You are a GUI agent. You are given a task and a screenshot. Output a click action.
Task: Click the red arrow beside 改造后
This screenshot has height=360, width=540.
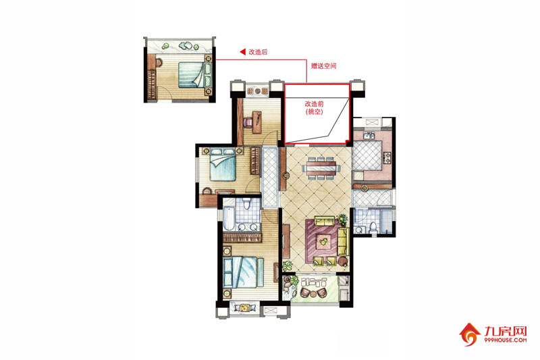click(x=242, y=52)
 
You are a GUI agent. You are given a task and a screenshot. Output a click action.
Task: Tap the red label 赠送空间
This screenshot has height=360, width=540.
click(x=323, y=66)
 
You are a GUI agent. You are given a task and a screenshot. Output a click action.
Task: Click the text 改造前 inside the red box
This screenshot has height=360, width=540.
click(x=314, y=104)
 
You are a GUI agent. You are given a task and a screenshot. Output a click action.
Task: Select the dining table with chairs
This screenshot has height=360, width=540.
click(x=321, y=168)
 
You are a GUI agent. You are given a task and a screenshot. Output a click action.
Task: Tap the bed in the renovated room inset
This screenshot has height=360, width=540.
click(x=191, y=74)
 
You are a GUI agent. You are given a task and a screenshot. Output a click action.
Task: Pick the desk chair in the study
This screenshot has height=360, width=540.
click(x=248, y=122)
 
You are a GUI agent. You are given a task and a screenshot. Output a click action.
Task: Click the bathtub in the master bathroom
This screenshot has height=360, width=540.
click(x=228, y=217)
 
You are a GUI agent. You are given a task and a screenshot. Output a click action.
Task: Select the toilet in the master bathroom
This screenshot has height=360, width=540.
click(x=246, y=203)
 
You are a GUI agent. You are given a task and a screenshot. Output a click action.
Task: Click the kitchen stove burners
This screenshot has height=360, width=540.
click(x=387, y=158)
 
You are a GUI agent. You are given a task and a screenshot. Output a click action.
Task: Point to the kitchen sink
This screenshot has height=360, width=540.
click(x=369, y=135)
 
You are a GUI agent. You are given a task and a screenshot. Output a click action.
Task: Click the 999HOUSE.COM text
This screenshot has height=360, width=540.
click(x=505, y=340)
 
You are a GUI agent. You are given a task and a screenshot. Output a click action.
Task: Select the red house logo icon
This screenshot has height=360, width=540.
click(x=469, y=334)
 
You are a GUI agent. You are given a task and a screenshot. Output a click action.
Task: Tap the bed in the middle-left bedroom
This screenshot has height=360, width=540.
click(x=223, y=164)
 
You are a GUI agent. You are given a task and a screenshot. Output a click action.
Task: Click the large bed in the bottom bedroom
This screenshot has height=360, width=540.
click(x=243, y=272)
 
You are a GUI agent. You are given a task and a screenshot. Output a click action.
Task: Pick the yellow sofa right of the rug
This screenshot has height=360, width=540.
click(x=343, y=241)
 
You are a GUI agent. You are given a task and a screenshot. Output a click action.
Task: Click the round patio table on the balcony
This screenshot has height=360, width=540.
click(x=313, y=294)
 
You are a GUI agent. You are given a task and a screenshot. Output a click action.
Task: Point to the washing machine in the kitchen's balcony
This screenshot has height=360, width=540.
click(x=372, y=122)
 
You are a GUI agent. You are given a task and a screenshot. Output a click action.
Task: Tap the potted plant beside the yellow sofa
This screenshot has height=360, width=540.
click(x=342, y=219)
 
